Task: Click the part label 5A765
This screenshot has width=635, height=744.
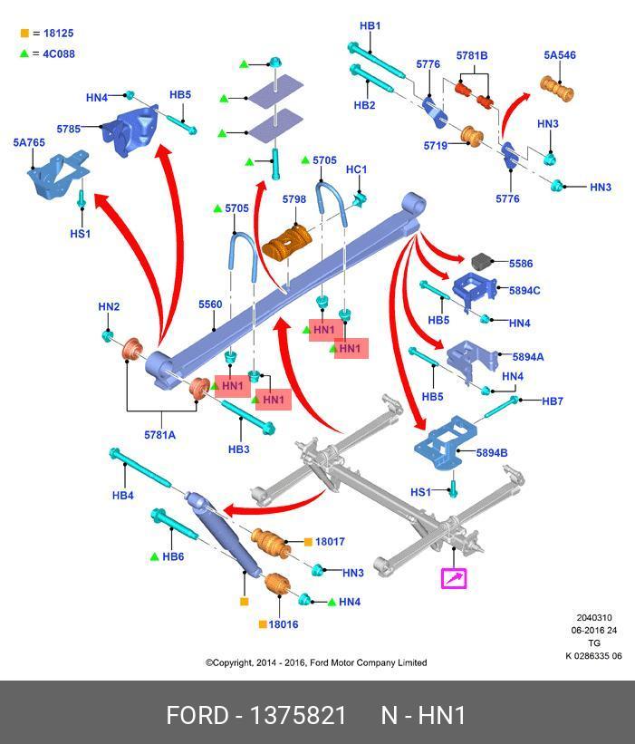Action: [28, 143]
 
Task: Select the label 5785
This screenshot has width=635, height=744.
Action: [68, 130]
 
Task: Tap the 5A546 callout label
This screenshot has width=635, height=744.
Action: [560, 55]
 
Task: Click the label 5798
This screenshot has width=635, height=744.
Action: [293, 199]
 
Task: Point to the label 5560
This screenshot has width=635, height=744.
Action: [210, 305]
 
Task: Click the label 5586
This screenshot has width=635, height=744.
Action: [521, 264]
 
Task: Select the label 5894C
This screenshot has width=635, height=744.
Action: [524, 291]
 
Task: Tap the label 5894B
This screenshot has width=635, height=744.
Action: [492, 453]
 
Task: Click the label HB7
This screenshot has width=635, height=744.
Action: [553, 401]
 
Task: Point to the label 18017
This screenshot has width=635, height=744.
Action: [330, 542]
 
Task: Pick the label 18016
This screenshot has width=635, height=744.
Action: [284, 624]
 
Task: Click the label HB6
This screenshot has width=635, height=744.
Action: [173, 557]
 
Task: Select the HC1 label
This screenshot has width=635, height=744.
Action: [357, 169]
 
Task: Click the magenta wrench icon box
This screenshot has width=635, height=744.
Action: [453, 578]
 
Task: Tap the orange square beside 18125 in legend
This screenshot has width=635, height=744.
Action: [24, 34]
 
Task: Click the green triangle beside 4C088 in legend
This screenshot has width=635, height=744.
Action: [24, 53]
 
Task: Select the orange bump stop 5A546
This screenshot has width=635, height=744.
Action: [559, 89]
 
